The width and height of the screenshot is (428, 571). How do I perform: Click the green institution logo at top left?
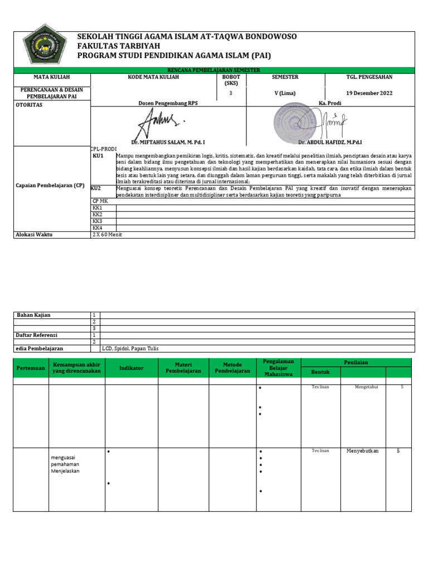pos(43,49)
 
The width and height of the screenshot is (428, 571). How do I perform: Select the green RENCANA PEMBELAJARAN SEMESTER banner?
pos(214,70)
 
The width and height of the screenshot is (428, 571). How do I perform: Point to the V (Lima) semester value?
pos(285,93)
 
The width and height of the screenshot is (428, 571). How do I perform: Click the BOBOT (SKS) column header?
pos(231,80)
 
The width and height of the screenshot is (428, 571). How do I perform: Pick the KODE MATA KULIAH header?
pos(153,77)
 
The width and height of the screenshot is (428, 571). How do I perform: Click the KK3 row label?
pos(98,221)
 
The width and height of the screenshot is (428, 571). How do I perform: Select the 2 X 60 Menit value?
pos(107,235)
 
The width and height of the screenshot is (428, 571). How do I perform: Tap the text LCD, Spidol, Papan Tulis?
pos(130,349)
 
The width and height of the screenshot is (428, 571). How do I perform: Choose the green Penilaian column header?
pos(356,362)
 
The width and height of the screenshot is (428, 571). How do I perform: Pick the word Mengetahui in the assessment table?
pos(366,387)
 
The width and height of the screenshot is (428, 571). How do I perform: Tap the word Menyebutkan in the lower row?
pos(362,451)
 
